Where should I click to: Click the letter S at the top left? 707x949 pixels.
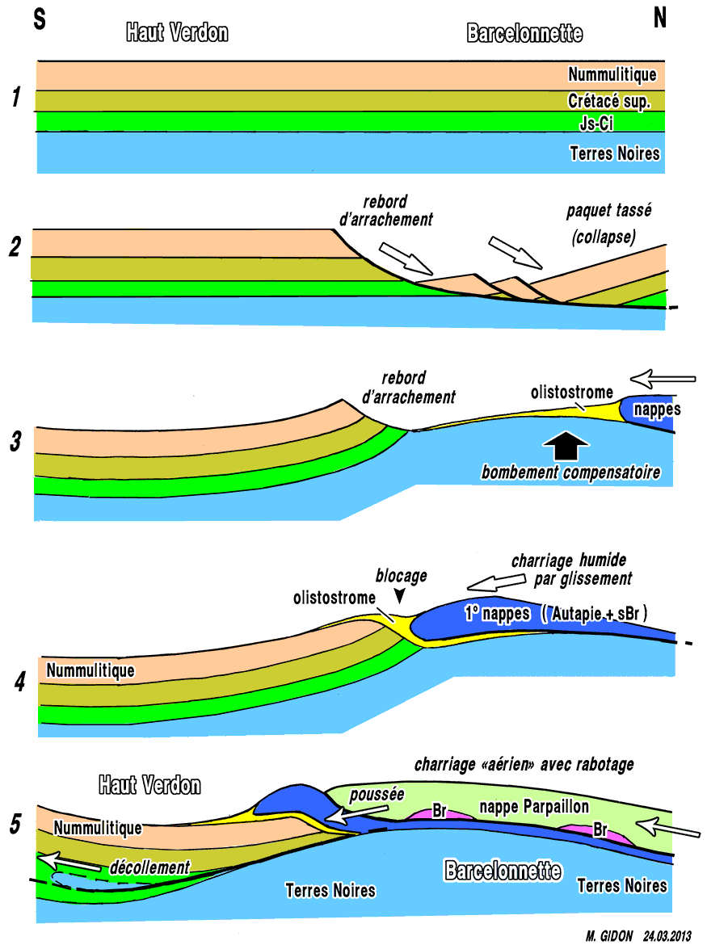[39, 19]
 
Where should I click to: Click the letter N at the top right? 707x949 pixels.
[661, 19]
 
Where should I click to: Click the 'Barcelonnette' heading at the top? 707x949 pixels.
[524, 33]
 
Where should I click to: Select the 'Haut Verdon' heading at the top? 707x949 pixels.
[177, 32]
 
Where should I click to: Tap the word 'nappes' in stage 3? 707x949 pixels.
[656, 409]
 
